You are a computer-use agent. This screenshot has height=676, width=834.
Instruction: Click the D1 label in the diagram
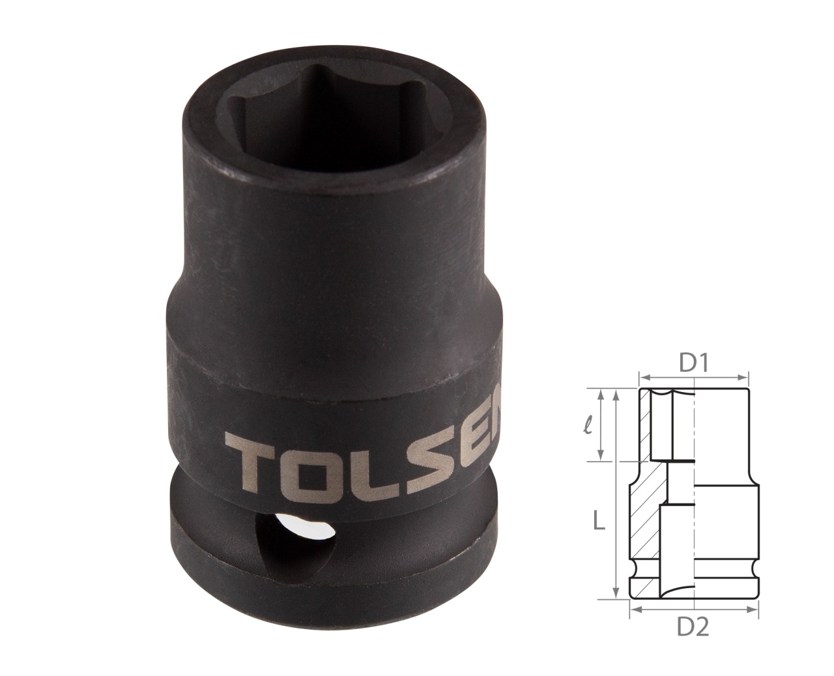tap(695, 363)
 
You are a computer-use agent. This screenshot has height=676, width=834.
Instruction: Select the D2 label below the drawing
tap(693, 627)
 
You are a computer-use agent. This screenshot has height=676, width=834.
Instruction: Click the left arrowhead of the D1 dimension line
tap(642, 376)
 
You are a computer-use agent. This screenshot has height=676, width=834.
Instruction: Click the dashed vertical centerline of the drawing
tap(695, 495)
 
